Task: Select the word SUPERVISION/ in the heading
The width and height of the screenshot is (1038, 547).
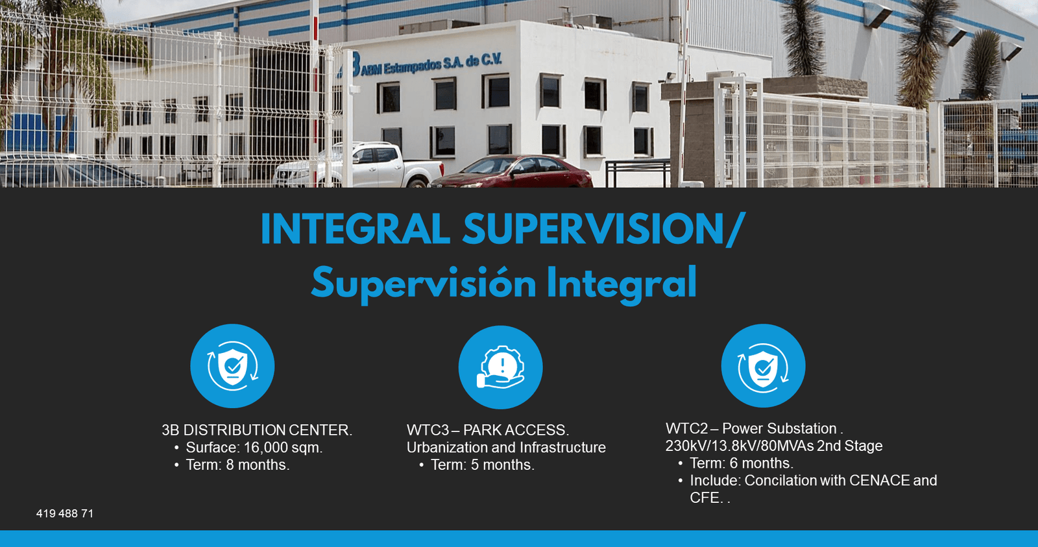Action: click(603, 229)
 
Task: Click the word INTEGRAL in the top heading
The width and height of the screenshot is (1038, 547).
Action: click(355, 229)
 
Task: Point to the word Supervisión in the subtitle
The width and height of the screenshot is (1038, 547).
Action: click(423, 284)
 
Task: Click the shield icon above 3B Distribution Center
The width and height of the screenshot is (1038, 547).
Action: click(232, 366)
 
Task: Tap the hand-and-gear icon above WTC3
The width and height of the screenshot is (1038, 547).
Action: click(500, 367)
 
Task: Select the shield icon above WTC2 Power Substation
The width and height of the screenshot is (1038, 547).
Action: click(763, 366)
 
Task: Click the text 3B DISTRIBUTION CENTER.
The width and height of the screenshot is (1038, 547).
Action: click(256, 430)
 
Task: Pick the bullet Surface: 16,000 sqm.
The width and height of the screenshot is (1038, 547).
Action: click(254, 448)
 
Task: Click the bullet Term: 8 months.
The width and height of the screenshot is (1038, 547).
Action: click(237, 465)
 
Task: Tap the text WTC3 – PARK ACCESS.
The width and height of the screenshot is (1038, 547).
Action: click(487, 430)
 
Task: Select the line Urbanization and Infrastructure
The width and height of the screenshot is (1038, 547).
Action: click(506, 448)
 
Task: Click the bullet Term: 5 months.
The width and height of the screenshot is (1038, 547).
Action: click(482, 465)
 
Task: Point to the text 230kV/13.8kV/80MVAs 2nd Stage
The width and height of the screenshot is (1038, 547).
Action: click(773, 446)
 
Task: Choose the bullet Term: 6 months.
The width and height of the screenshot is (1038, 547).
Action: click(741, 463)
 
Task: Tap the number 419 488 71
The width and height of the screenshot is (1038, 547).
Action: click(65, 513)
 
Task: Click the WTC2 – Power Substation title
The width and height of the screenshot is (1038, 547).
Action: click(753, 428)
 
